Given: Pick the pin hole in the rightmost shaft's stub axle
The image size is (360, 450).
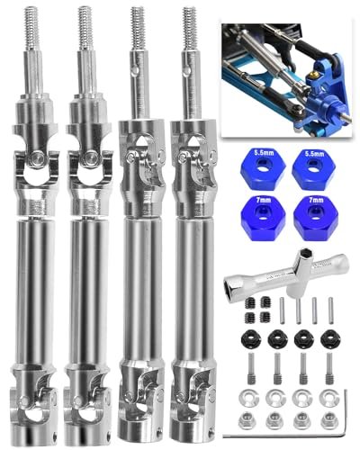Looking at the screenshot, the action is tap(187, 69).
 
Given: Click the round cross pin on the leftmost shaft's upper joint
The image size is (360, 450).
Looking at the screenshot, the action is tap(36, 157).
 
